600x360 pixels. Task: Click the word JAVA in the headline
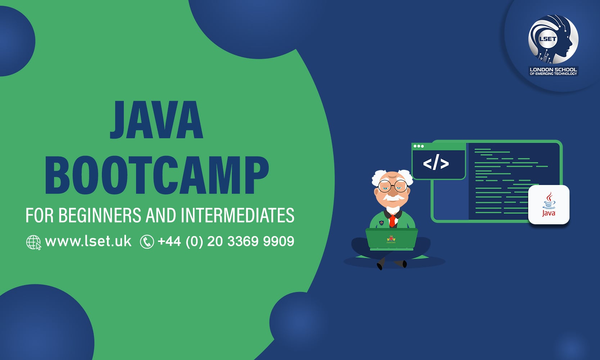pyautogui.click(x=157, y=120)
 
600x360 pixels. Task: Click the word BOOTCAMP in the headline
pyautogui.click(x=157, y=175)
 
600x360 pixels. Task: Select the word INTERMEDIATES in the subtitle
pyautogui.click(x=238, y=215)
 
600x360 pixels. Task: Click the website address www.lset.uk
pyautogui.click(x=88, y=241)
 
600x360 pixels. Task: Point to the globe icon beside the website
pyautogui.click(x=33, y=242)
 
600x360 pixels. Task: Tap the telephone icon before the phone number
pyautogui.click(x=147, y=242)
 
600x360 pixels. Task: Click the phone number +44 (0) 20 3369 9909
pyautogui.click(x=226, y=241)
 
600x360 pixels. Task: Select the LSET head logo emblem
pyautogui.click(x=553, y=39)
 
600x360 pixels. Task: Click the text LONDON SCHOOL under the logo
pyautogui.click(x=553, y=69)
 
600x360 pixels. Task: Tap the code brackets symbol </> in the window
pyautogui.click(x=436, y=163)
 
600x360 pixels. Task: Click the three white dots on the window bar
pyautogui.click(x=419, y=146)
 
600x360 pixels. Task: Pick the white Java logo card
pyautogui.click(x=549, y=204)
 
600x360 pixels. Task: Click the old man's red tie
pyautogui.click(x=392, y=220)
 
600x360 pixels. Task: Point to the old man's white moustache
pyautogui.click(x=392, y=198)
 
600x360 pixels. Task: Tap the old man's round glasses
pyautogui.click(x=392, y=185)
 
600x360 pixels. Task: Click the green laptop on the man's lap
pyautogui.click(x=392, y=239)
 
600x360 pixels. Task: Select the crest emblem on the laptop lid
pyautogui.click(x=391, y=239)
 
